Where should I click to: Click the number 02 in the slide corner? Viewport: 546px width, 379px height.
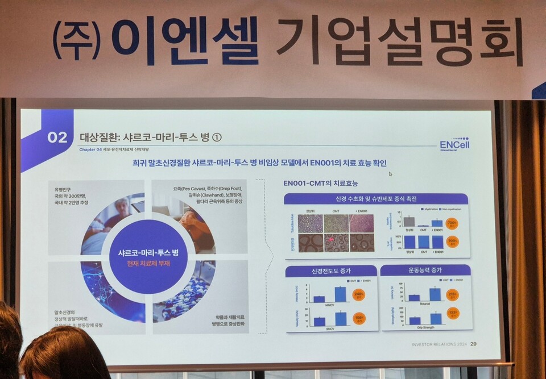coord(57,138)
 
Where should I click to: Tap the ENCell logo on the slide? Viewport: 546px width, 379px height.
coord(454,144)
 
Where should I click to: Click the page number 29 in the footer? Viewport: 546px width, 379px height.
coord(474,344)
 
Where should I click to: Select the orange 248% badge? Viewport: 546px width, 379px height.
coord(359,294)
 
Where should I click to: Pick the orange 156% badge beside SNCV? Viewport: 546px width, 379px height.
coord(359,318)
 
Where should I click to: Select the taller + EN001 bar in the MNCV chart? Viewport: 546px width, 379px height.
coord(340,294)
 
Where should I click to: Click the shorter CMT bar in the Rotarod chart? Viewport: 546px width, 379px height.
coord(414,297)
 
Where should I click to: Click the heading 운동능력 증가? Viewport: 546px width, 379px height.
coord(425,270)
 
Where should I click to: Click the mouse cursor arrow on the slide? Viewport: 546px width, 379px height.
coord(390,174)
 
